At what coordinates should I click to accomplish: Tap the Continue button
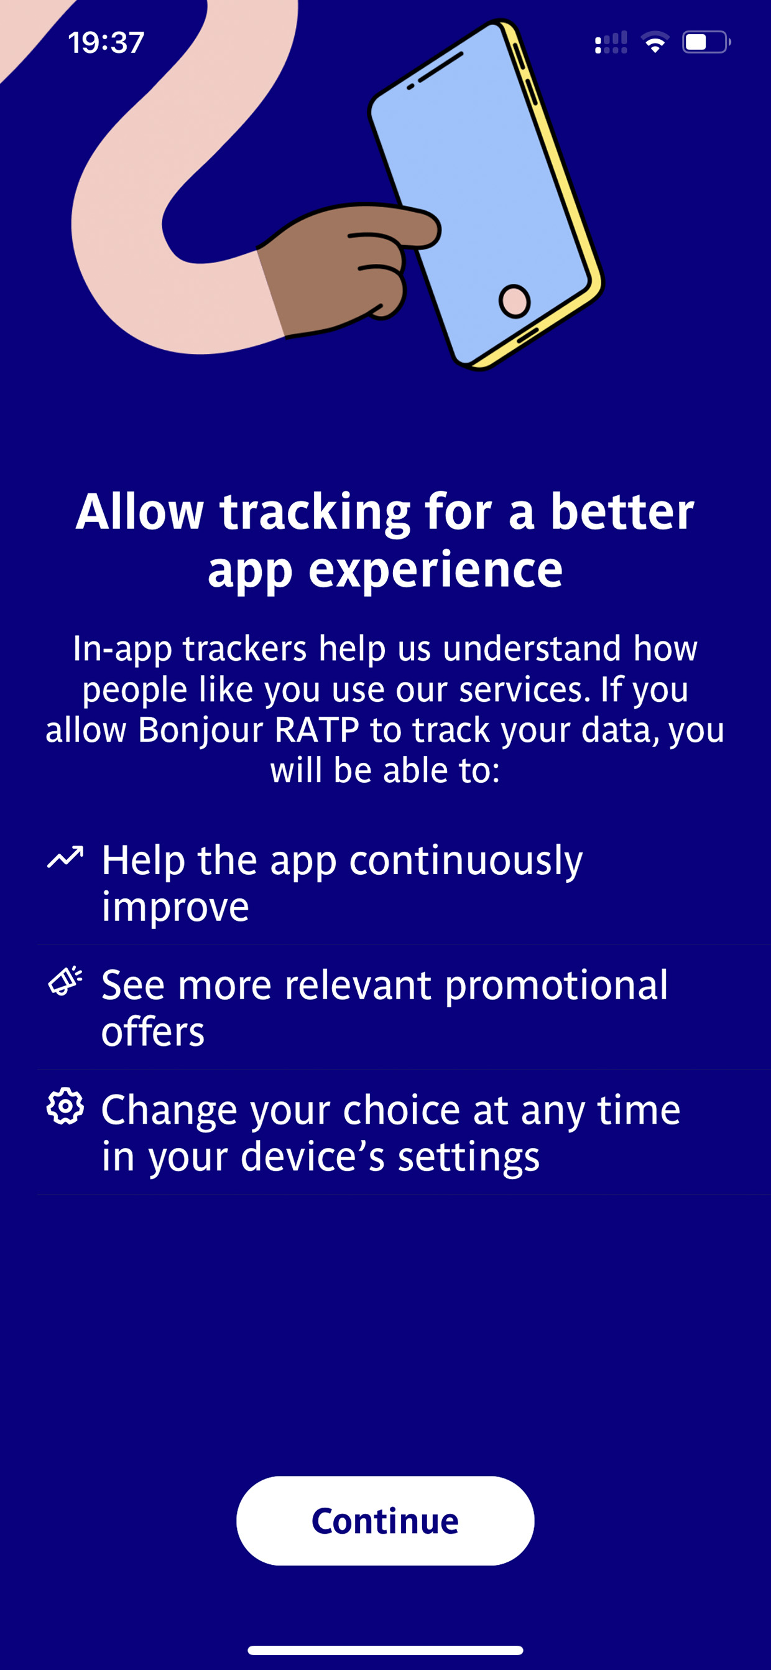point(385,1521)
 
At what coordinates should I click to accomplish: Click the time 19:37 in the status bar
point(106,43)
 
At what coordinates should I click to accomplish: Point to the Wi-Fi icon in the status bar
point(655,42)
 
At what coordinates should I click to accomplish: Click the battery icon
point(706,42)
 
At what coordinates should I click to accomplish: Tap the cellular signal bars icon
point(611,42)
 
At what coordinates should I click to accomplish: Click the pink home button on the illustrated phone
point(514,301)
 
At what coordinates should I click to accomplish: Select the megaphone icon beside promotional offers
point(65,981)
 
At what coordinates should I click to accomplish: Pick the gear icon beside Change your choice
point(65,1107)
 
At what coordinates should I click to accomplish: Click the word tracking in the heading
point(315,513)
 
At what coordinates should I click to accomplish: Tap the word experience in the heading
point(435,571)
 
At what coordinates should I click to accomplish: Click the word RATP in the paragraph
point(317,730)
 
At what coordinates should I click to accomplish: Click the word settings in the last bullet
point(468,1158)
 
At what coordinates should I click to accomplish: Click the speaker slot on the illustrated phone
point(441,67)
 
